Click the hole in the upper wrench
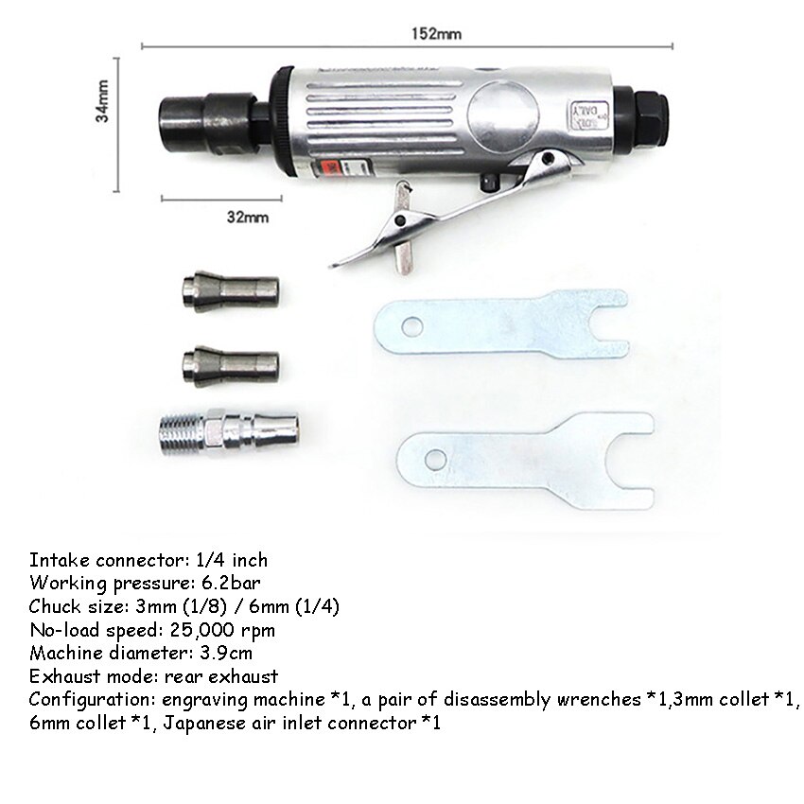(411, 327)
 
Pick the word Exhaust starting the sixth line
(59, 676)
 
